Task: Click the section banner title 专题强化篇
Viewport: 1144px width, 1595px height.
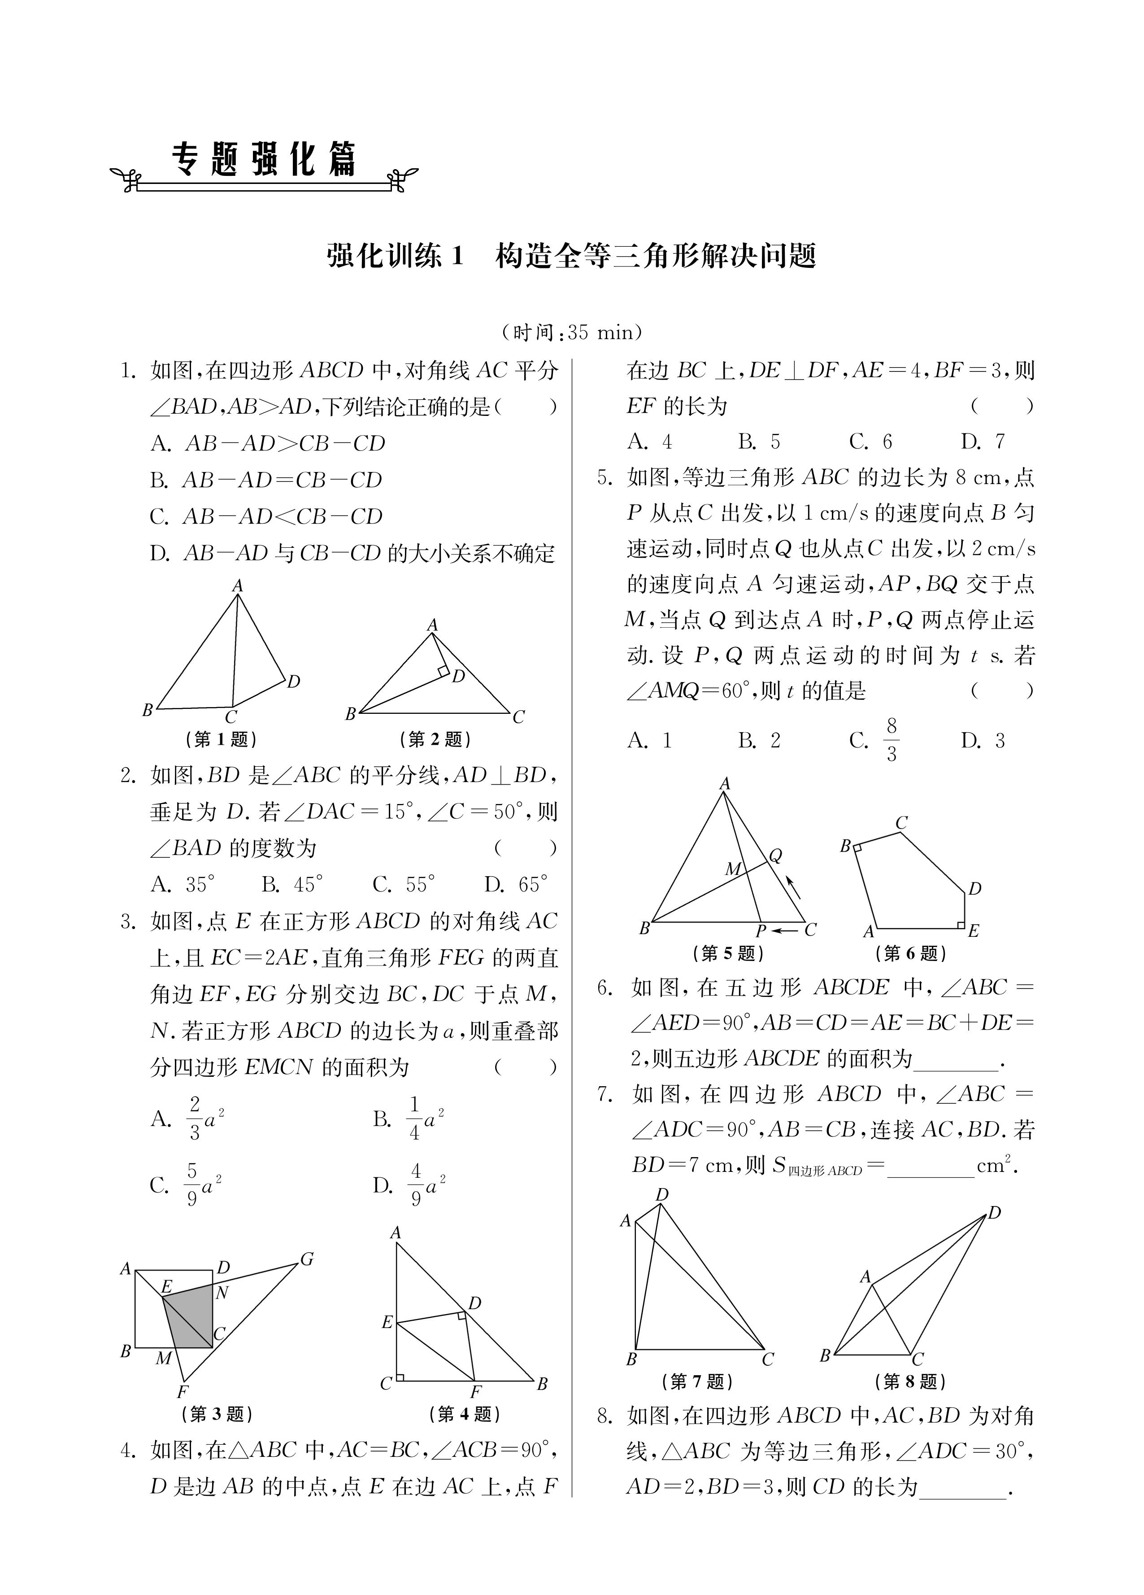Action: [265, 160]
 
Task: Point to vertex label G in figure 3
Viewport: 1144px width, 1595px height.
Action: [307, 1259]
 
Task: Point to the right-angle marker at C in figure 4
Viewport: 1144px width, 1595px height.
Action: [400, 1377]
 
